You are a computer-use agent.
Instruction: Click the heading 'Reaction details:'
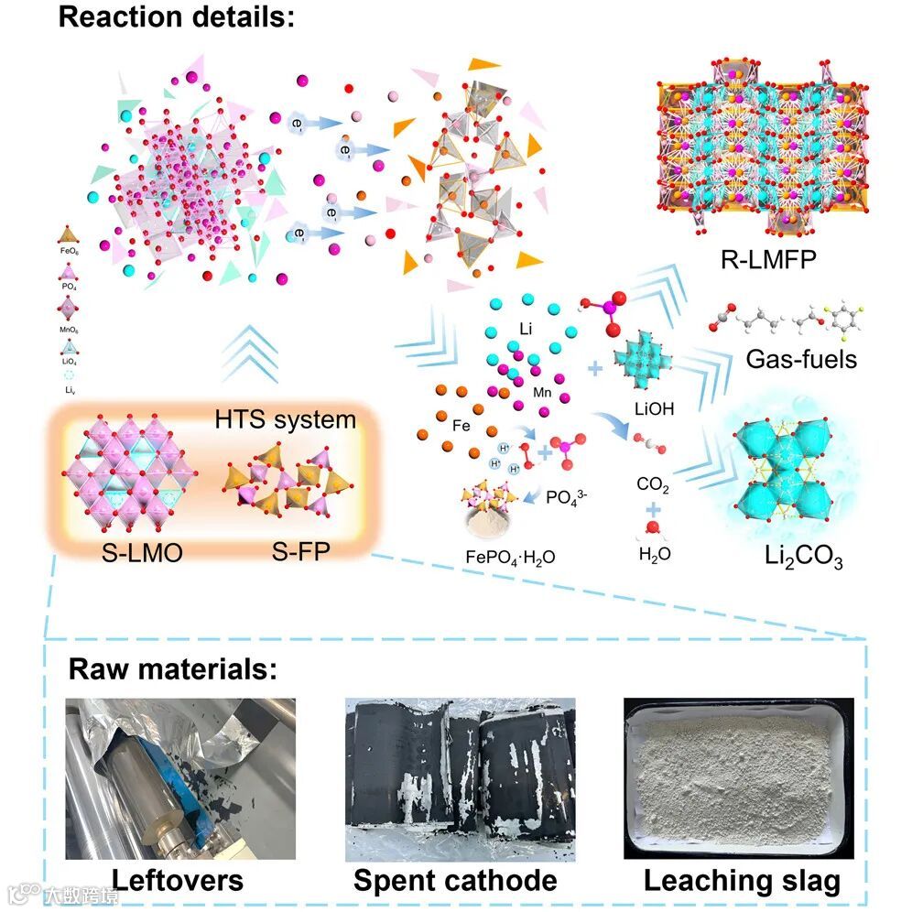177,17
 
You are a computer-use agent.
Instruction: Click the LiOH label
654,409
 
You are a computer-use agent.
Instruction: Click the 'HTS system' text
285,420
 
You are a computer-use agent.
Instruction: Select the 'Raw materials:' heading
172,668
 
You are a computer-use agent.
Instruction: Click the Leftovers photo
180,778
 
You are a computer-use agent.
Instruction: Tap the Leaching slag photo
738,778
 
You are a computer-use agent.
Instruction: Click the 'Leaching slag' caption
742,881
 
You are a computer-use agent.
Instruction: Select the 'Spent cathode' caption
455,881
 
